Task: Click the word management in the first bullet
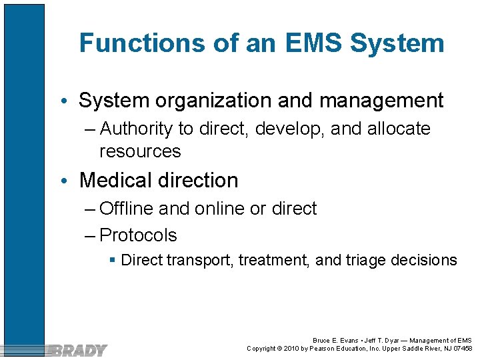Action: click(381, 101)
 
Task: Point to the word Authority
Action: click(141, 129)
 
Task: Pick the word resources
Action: click(140, 151)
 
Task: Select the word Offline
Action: click(127, 209)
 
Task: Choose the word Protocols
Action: click(138, 235)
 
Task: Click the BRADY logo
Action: click(79, 349)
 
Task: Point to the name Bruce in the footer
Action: click(322, 341)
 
